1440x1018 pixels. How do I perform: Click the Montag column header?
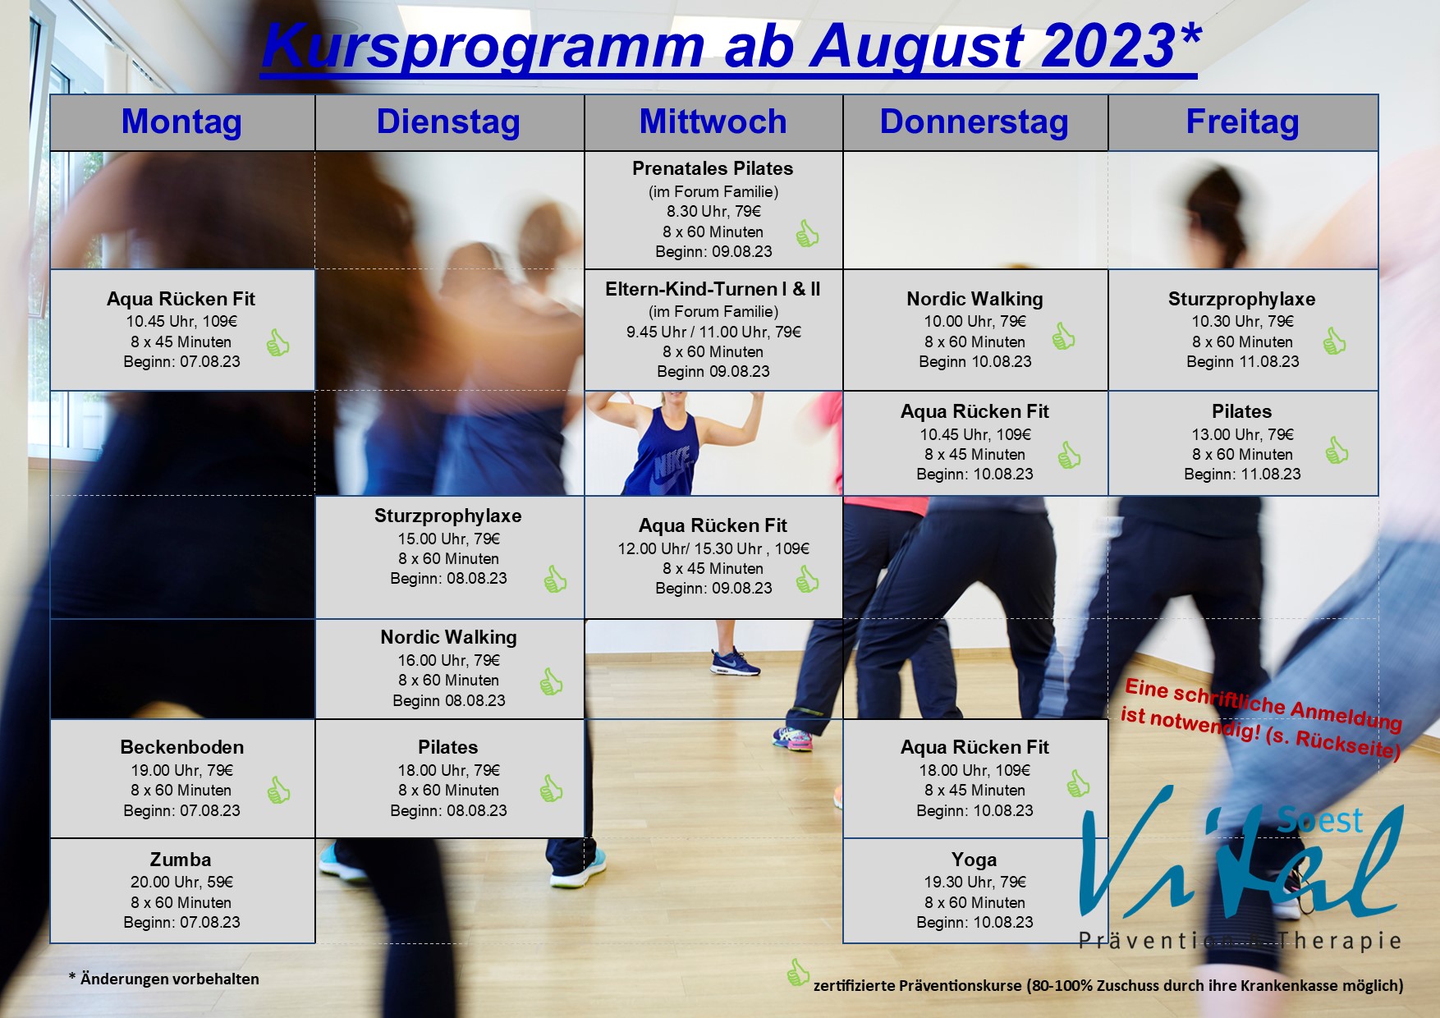point(181,122)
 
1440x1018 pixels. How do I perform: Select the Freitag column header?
point(1242,122)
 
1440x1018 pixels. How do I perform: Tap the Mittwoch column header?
point(713,122)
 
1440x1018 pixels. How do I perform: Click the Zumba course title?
point(181,860)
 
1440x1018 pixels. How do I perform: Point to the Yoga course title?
point(975,860)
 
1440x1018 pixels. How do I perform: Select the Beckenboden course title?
point(181,747)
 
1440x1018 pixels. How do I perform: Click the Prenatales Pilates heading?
point(713,168)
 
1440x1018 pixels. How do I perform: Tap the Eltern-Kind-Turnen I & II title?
point(713,289)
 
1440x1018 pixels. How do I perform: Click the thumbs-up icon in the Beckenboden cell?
point(278,790)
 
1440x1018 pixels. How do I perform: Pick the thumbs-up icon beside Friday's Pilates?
point(1337,450)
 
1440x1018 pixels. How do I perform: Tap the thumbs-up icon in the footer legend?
point(797,973)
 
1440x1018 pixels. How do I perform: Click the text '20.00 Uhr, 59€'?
point(181,882)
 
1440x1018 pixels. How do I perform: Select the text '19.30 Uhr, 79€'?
point(975,882)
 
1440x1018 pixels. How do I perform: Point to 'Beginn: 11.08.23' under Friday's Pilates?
point(1242,474)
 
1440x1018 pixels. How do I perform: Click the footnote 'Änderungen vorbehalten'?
point(169,979)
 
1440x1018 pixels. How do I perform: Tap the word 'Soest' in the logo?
point(1319,819)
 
